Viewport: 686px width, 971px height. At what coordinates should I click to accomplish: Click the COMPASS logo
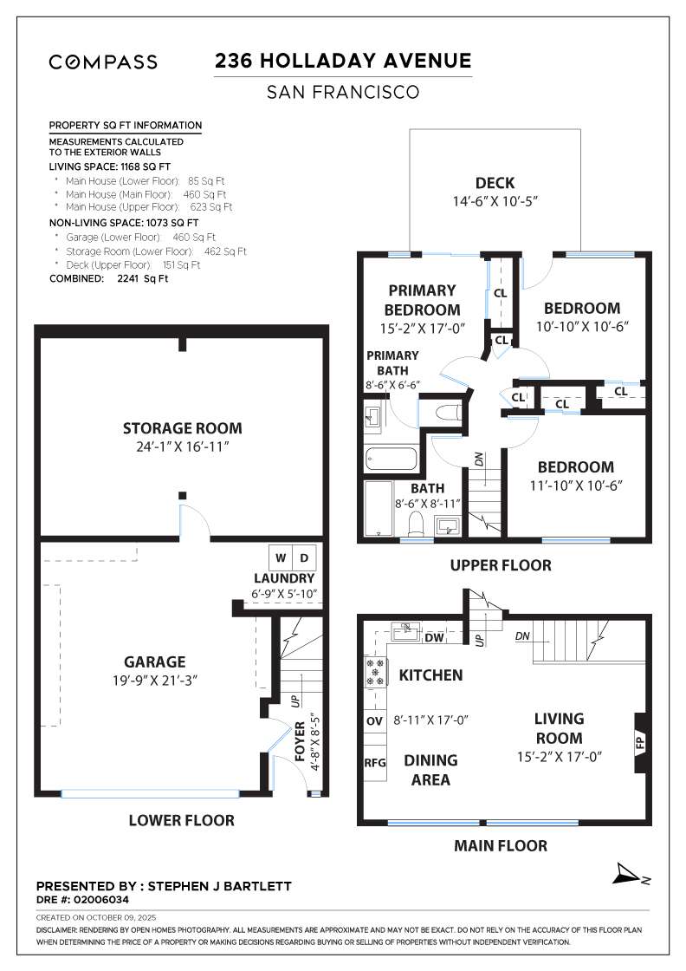103,62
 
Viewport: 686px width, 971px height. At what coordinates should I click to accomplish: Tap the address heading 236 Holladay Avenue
343,61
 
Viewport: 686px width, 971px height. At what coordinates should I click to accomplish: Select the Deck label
495,183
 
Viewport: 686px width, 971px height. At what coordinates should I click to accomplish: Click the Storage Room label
182,428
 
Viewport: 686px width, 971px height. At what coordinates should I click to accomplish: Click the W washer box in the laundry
280,556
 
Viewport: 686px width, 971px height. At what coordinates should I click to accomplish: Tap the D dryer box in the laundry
304,556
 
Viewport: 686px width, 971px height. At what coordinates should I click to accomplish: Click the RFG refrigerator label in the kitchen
374,764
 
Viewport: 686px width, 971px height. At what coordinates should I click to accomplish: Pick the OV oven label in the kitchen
374,720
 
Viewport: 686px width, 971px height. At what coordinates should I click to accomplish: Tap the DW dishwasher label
436,638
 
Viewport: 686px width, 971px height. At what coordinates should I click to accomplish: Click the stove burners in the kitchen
376,673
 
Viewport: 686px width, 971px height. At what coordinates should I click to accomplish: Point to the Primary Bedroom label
422,300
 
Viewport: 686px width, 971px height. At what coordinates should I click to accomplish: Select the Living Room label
559,728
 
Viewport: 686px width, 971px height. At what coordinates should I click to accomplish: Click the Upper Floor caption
500,565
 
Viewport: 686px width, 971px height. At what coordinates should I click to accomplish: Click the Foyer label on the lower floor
300,741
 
